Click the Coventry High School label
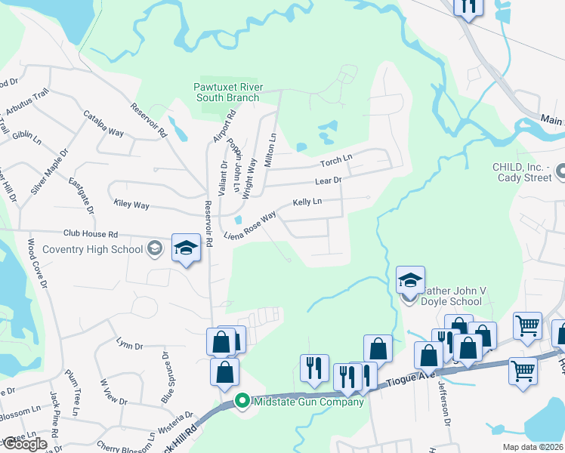click(x=72, y=249)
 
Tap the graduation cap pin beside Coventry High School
click(x=185, y=250)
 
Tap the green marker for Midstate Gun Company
click(x=242, y=401)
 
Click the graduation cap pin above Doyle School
click(x=410, y=281)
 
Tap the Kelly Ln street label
click(x=307, y=202)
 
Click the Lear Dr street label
click(x=329, y=180)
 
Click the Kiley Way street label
click(x=131, y=205)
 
